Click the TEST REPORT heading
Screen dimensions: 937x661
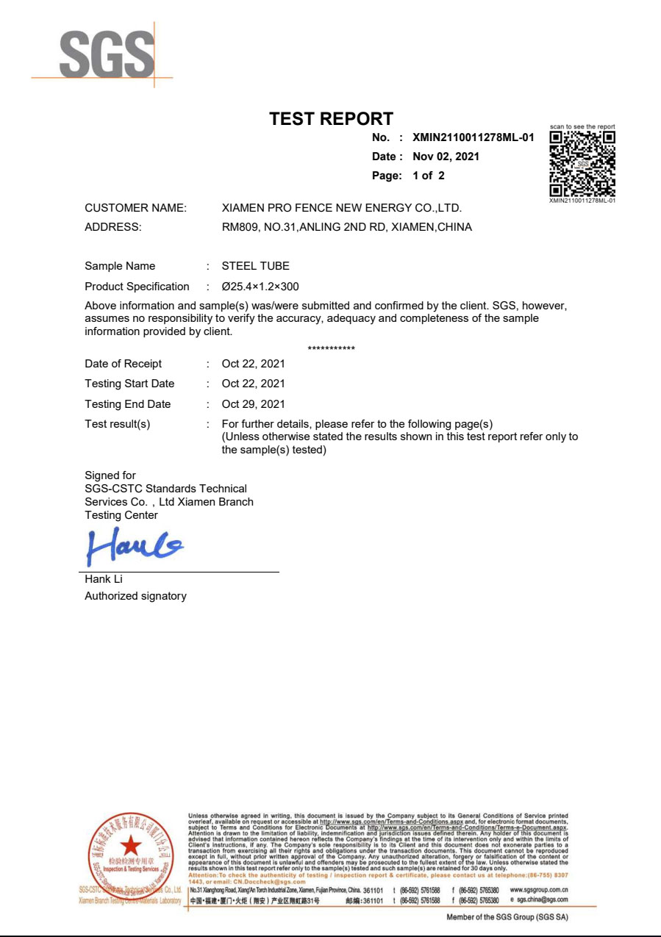(331, 119)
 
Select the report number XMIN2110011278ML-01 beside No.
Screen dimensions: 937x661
(473, 137)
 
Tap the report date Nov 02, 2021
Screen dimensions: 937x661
(446, 157)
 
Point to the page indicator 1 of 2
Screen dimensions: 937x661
(429, 176)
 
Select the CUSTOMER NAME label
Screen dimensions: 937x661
(135, 208)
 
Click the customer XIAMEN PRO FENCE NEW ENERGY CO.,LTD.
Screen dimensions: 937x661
(341, 208)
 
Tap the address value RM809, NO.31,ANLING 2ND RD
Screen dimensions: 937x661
(346, 227)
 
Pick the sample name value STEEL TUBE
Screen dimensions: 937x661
(255, 266)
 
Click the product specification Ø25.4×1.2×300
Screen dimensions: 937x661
(260, 287)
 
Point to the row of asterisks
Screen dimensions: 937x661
(331, 348)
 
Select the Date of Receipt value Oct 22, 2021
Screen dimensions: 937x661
(253, 364)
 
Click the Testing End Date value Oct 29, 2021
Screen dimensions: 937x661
(253, 404)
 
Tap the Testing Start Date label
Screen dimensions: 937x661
(129, 384)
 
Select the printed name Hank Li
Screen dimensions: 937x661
(104, 579)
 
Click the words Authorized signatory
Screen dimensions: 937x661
(135, 596)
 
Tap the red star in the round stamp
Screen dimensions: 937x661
(130, 847)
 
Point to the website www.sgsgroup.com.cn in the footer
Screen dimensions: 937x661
(538, 889)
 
